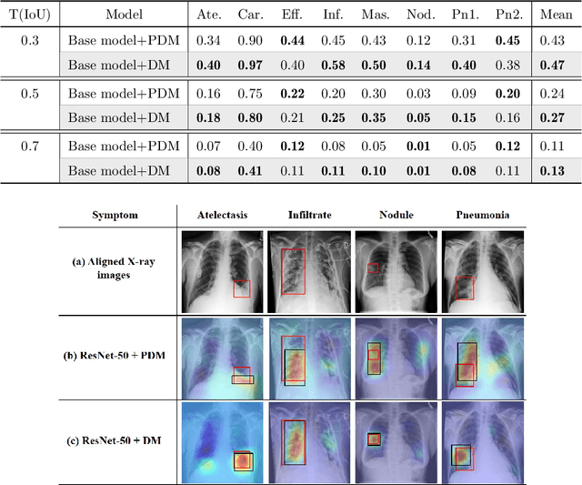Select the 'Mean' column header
click(x=556, y=15)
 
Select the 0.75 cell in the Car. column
click(x=251, y=93)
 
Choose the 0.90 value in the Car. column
click(x=251, y=41)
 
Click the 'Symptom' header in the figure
click(x=116, y=215)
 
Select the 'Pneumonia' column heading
click(x=482, y=215)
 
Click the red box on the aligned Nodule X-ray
click(x=373, y=268)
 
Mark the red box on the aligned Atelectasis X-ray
click(x=241, y=288)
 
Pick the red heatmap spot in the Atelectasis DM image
click(x=242, y=461)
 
